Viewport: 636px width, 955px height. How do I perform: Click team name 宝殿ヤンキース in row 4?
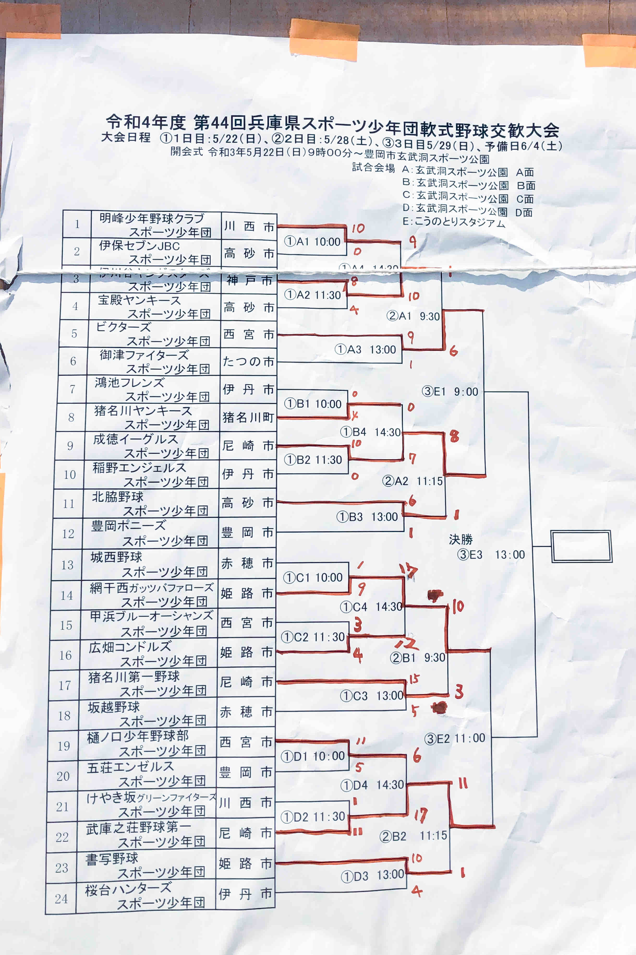139,300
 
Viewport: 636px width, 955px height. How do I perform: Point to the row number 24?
61,899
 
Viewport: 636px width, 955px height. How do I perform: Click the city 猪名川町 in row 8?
248,417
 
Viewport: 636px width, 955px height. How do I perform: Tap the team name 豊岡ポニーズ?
128,526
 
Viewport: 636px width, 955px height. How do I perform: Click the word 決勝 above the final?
461,539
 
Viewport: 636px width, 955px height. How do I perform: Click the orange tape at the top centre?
324,40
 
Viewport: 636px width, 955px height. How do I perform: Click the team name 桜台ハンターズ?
128,888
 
